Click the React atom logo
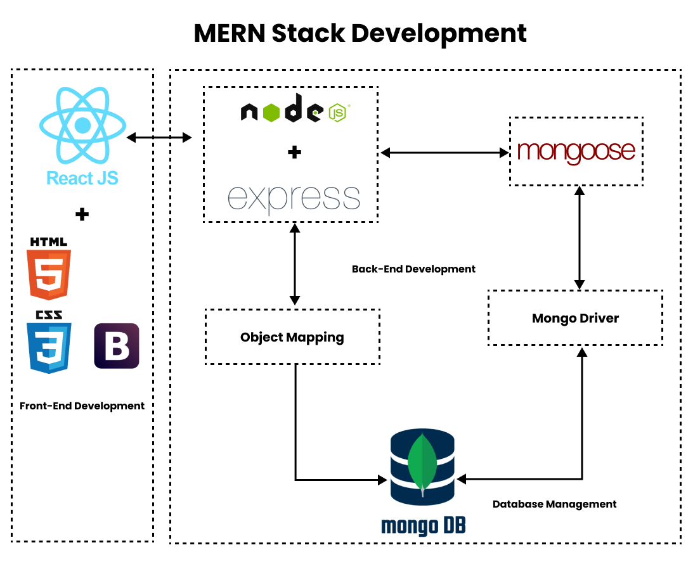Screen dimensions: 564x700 [83, 125]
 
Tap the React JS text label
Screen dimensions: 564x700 [82, 178]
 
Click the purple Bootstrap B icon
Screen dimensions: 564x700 [117, 346]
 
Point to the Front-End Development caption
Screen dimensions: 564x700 [82, 406]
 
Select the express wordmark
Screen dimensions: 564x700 [294, 197]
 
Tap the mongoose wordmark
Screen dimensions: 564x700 [576, 151]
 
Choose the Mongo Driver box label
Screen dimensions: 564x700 [575, 318]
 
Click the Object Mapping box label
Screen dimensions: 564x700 [292, 337]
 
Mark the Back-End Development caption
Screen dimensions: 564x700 [413, 269]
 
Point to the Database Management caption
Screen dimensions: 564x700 [554, 504]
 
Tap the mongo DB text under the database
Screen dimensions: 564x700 [423, 525]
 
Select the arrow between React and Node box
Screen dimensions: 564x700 [159, 137]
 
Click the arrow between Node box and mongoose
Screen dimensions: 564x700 [444, 152]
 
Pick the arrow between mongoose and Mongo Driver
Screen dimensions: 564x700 [578, 238]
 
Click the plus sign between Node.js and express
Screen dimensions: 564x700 [294, 153]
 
